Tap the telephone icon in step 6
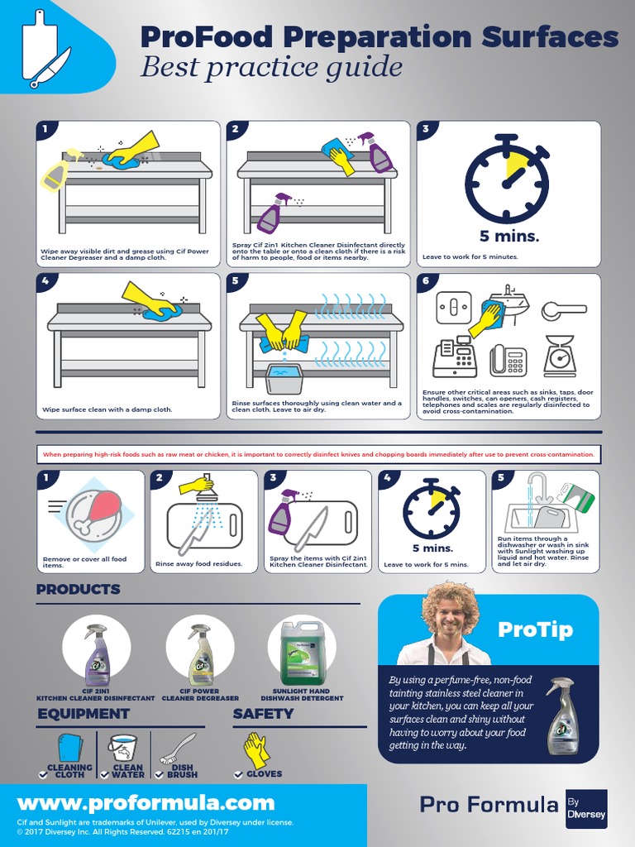(x=508, y=359)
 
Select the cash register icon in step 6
(x=454, y=357)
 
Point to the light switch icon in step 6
(x=453, y=308)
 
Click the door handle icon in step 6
(x=563, y=310)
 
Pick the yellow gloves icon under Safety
(x=256, y=749)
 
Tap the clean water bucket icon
(x=123, y=748)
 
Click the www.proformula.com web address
(x=146, y=802)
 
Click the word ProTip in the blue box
(x=535, y=629)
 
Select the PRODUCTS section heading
(x=79, y=590)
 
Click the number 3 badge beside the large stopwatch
(x=425, y=128)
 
